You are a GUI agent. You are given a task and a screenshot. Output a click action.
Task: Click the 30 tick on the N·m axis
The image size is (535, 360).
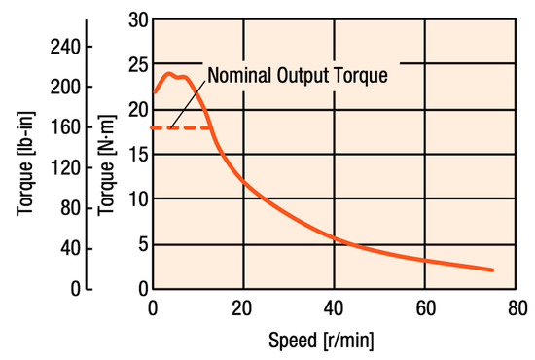[135, 18]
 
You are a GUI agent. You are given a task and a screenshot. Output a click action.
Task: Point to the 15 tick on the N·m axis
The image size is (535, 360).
[135, 154]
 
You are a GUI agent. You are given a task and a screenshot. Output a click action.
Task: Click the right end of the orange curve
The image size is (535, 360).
[492, 270]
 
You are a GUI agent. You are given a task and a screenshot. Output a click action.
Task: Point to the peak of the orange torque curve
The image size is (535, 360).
[169, 73]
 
